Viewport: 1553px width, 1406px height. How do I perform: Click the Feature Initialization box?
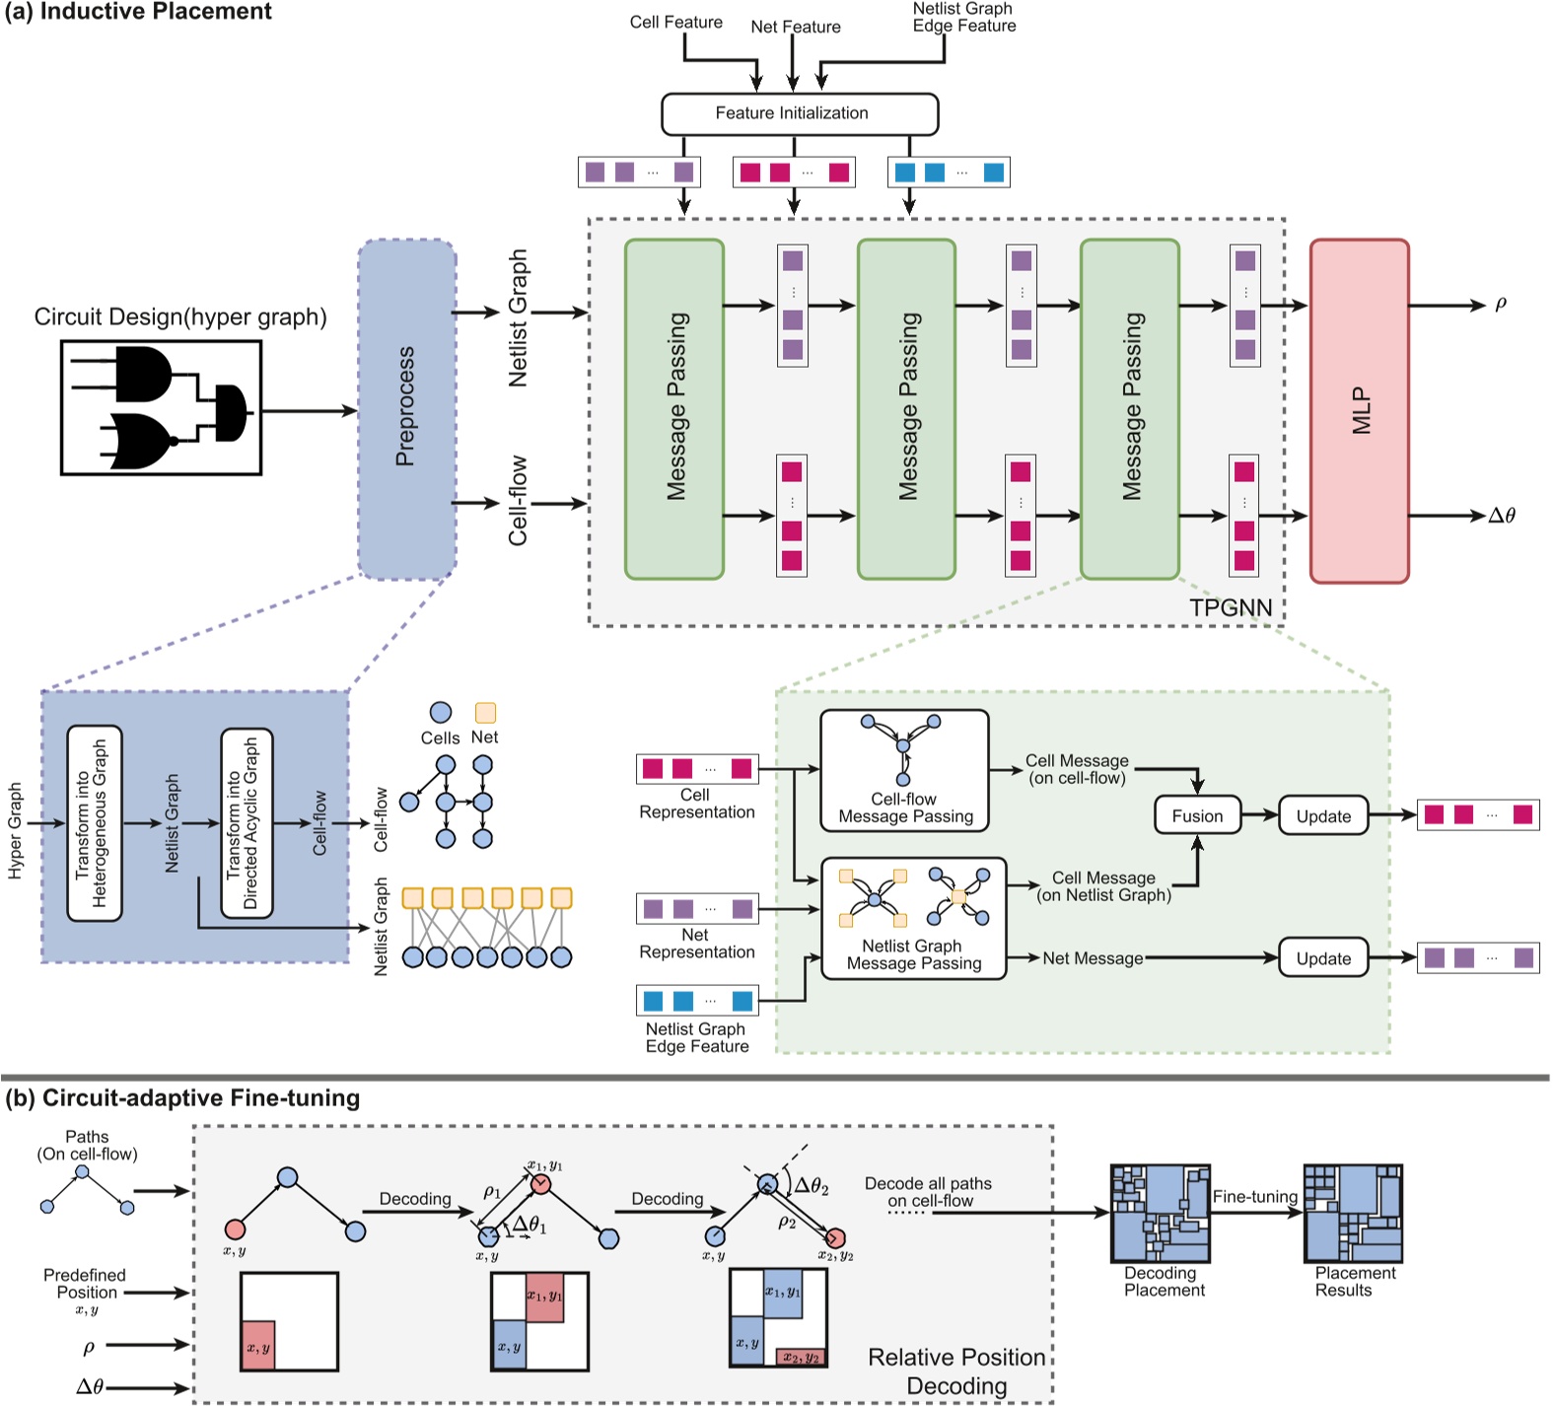tap(799, 113)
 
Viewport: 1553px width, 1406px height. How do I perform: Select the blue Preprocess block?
tap(406, 408)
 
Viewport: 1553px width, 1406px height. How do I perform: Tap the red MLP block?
tap(1359, 410)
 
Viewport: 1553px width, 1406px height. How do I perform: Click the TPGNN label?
tap(1230, 607)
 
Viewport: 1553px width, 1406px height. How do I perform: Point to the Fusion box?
tap(1197, 816)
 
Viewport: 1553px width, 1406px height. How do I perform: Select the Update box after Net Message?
tap(1323, 957)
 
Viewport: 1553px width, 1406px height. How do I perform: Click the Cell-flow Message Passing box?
tap(904, 770)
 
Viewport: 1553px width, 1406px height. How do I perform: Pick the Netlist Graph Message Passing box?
tap(913, 918)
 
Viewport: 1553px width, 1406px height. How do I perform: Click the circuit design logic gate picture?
tap(161, 407)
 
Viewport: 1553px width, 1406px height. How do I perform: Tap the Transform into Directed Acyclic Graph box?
tap(247, 823)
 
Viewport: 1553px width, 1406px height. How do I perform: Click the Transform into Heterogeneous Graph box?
tap(95, 823)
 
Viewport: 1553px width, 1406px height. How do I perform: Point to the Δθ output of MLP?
tap(1502, 515)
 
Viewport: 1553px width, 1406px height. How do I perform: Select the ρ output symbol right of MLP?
tap(1501, 304)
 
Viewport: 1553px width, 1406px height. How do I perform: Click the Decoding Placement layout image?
tap(1161, 1213)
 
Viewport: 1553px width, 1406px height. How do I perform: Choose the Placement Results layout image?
tap(1353, 1213)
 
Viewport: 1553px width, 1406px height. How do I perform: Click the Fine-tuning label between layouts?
tap(1254, 1196)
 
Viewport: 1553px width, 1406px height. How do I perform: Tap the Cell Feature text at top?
tap(675, 22)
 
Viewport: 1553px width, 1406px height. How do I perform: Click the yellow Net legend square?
tap(485, 712)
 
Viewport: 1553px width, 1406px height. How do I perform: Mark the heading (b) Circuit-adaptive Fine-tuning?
tap(182, 1098)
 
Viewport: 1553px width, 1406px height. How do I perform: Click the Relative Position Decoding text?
tap(955, 1371)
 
